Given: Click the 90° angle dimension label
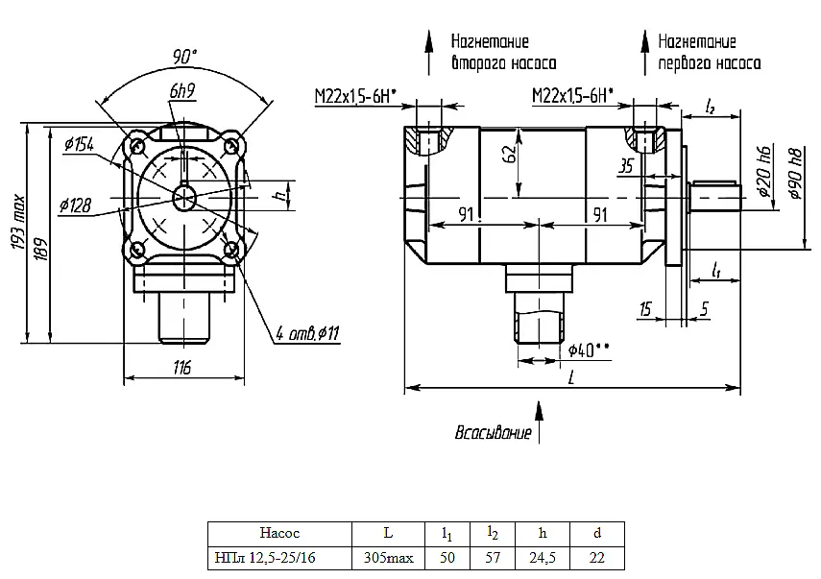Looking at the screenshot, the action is (x=184, y=56).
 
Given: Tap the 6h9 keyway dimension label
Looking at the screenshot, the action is (x=182, y=91).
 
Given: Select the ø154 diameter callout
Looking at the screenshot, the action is (x=79, y=143).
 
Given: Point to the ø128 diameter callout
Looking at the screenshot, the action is (x=76, y=205).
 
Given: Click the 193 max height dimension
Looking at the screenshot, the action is (x=18, y=223).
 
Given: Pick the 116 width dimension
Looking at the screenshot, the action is (x=182, y=368).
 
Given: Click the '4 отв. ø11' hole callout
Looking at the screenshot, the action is (x=308, y=333).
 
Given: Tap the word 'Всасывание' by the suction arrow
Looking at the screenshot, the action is (x=493, y=432).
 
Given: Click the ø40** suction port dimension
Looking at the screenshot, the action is (x=589, y=350).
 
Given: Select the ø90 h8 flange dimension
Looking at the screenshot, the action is (x=795, y=174).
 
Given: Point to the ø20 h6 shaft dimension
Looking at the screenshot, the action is (x=764, y=171).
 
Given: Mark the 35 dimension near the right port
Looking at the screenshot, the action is (x=626, y=166).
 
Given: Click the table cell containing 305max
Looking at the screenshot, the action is (x=388, y=558).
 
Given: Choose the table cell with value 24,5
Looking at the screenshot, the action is (x=543, y=558).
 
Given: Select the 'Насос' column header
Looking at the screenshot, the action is (x=279, y=534).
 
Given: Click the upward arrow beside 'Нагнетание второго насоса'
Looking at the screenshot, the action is (x=429, y=52).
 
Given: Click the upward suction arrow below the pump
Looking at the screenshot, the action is (x=539, y=422).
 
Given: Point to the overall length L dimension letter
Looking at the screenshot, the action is (x=571, y=377).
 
